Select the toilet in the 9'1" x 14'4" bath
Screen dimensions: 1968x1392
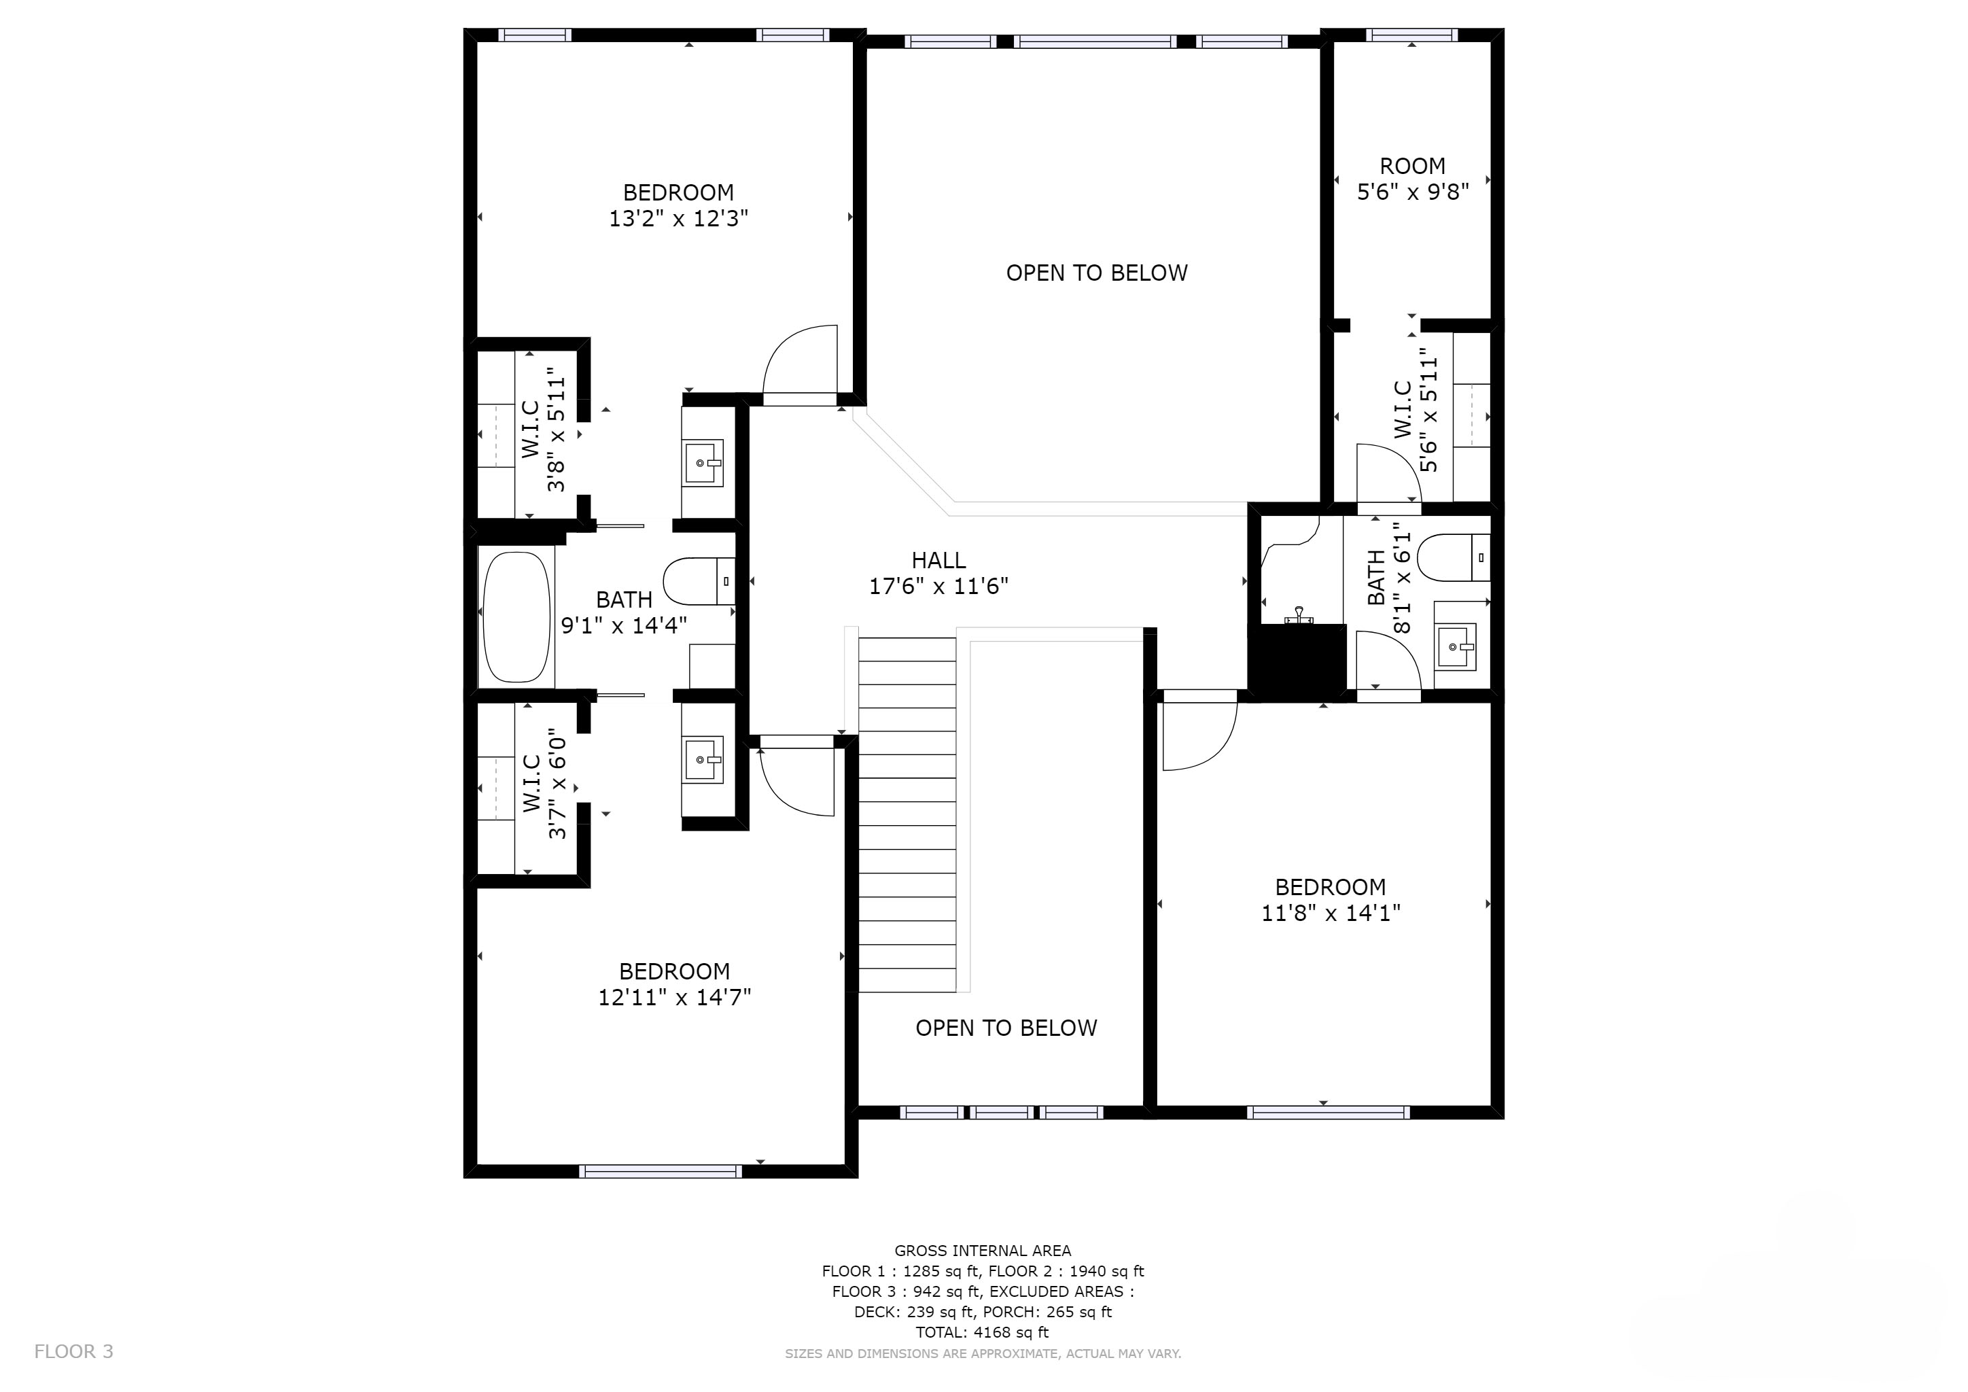[x=699, y=581]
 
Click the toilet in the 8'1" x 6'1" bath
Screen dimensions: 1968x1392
[x=1454, y=557]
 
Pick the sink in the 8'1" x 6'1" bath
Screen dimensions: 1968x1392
[x=1456, y=646]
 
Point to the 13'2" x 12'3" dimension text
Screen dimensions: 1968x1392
[x=678, y=219]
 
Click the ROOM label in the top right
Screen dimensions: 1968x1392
[x=1413, y=167]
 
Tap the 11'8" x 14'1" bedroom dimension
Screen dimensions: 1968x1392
[x=1331, y=913]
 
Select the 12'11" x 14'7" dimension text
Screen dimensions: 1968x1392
[x=675, y=998]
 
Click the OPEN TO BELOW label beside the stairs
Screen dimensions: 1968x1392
[x=1006, y=1028]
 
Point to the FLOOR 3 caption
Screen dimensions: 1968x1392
[x=73, y=1352]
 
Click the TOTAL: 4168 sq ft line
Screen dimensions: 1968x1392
[x=982, y=1332]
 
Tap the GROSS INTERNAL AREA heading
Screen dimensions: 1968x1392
[x=982, y=1251]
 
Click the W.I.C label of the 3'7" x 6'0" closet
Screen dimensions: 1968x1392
[x=531, y=784]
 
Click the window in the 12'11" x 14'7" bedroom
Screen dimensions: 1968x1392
[x=661, y=1171]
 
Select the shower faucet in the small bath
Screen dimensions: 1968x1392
[x=1299, y=614]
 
